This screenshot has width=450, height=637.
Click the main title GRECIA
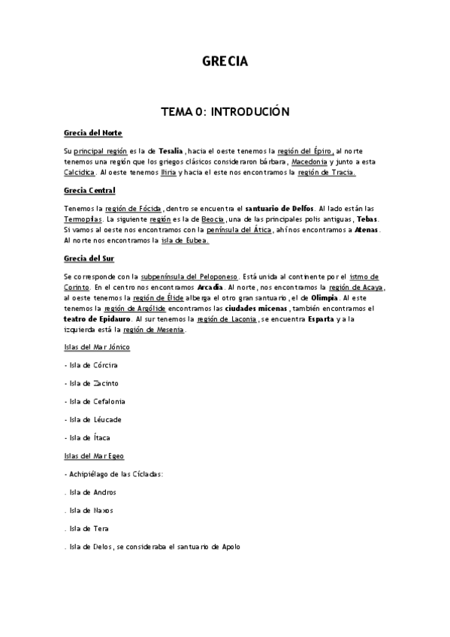coord(225,62)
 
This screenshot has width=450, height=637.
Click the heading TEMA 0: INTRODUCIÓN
coord(225,111)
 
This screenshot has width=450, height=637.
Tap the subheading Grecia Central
coord(90,191)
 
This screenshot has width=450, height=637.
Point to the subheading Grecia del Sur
coord(88,259)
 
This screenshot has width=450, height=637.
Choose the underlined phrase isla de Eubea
coord(186,241)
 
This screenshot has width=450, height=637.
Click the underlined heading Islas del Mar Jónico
coord(95,347)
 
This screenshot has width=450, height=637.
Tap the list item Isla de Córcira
coord(92,365)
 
